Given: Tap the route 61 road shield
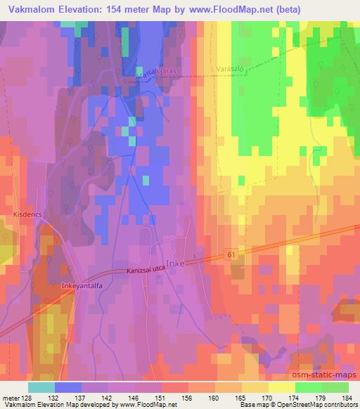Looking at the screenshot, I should click(x=231, y=254).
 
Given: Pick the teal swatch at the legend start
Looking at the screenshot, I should click(x=41, y=387).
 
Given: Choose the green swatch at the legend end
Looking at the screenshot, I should click(x=335, y=387).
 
